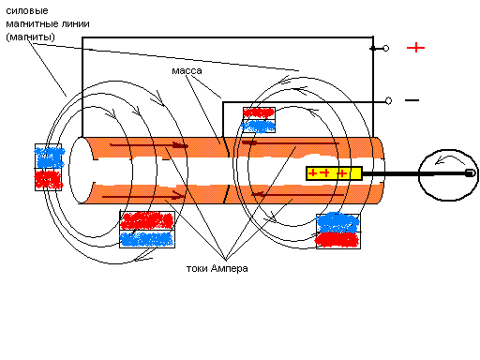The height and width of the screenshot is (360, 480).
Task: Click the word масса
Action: coord(187,71)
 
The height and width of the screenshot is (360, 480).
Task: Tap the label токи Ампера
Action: coord(217,268)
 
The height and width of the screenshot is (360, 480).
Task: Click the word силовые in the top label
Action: coord(27,11)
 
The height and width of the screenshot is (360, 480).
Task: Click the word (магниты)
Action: coord(30,37)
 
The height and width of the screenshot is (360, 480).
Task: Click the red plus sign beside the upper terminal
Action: coord(415,48)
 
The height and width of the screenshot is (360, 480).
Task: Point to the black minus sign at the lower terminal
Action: coord(412,100)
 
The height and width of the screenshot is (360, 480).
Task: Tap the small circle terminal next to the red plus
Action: coord(386,49)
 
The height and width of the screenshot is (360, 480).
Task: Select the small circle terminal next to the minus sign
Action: coord(388,100)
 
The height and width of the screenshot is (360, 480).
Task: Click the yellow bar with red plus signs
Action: coord(334,173)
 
